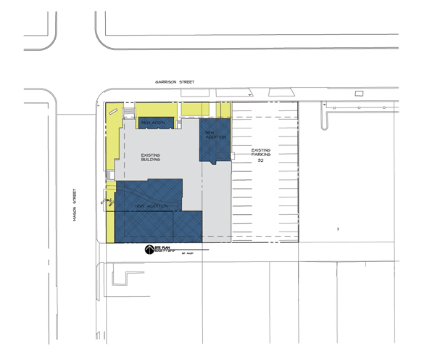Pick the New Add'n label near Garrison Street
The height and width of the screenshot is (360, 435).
coord(154,121)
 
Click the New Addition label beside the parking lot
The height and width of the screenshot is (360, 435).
coord(215,135)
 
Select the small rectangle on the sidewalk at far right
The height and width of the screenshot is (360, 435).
coord(359,94)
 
